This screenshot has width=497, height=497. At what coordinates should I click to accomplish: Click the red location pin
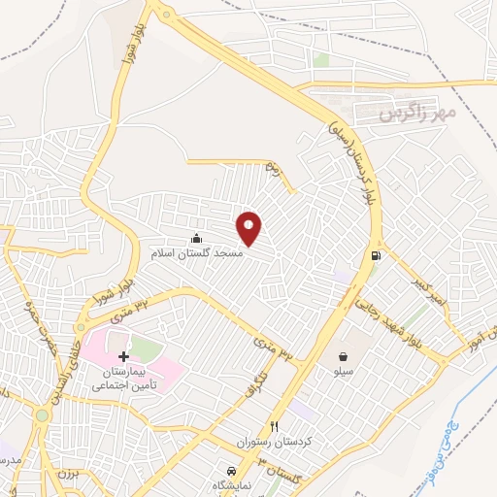tap(249, 229)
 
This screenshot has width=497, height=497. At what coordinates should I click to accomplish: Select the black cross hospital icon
tap(122, 357)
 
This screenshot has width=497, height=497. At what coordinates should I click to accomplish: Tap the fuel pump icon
tap(374, 256)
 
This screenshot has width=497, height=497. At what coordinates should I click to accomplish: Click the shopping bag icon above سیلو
tap(344, 356)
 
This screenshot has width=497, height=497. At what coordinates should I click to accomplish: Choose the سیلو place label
tap(344, 371)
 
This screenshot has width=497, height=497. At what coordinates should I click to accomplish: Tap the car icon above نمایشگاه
tap(230, 469)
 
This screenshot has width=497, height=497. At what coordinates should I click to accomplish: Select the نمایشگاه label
tap(230, 482)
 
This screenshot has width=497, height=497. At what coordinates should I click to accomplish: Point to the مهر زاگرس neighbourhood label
tap(418, 115)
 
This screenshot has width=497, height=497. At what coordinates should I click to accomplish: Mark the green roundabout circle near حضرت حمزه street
tap(43, 415)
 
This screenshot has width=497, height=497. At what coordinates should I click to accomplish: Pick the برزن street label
tap(65, 476)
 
